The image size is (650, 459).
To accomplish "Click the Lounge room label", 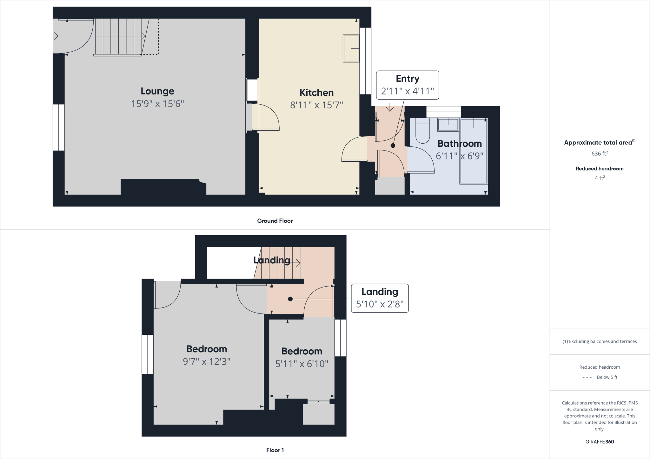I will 157,91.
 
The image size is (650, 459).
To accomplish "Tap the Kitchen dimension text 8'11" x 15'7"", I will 316,105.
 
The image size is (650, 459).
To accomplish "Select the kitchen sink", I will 351,48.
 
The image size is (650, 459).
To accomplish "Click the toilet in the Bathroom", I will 422,131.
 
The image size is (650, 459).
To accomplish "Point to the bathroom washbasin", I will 448,124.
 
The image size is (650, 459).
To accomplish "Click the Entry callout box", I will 407,85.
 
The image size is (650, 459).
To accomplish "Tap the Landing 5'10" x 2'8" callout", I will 380,298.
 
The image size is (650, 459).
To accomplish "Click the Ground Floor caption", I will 275,221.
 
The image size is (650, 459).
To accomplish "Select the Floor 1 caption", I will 275,450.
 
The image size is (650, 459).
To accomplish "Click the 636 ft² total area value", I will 600,153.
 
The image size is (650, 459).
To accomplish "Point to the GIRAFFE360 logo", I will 600,442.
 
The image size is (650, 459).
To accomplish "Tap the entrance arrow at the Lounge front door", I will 54,36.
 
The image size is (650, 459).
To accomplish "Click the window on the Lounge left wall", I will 58,127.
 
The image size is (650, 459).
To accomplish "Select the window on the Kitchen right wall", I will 365,61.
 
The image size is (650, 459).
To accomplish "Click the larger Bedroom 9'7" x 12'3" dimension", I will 207,362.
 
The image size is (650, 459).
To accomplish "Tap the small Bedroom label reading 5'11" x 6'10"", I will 302,364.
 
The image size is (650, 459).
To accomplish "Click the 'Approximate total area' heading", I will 598,143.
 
